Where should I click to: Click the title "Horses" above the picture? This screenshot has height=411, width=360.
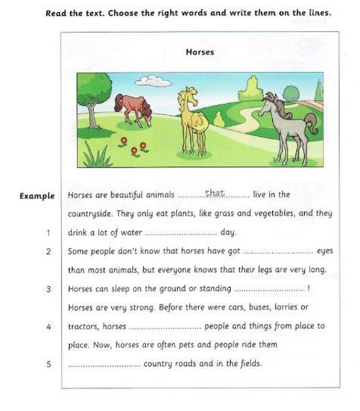click(200, 52)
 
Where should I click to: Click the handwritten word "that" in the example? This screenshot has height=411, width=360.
click(216, 194)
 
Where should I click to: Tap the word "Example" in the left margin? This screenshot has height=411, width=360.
click(37, 195)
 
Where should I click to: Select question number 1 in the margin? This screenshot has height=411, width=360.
click(48, 232)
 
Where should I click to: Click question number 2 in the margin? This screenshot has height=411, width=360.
click(48, 251)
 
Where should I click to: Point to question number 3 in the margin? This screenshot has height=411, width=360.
click(48, 288)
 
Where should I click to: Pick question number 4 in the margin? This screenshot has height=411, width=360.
click(48, 326)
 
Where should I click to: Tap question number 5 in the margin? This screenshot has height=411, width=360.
click(48, 364)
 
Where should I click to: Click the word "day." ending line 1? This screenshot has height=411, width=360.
click(229, 232)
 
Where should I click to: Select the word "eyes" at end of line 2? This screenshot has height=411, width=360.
click(325, 251)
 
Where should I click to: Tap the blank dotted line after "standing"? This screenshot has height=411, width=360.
click(269, 289)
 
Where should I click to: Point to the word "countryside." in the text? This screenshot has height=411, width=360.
click(96, 213)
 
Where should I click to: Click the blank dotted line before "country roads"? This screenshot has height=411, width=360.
click(104, 365)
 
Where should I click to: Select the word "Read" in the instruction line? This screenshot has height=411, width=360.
click(57, 14)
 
